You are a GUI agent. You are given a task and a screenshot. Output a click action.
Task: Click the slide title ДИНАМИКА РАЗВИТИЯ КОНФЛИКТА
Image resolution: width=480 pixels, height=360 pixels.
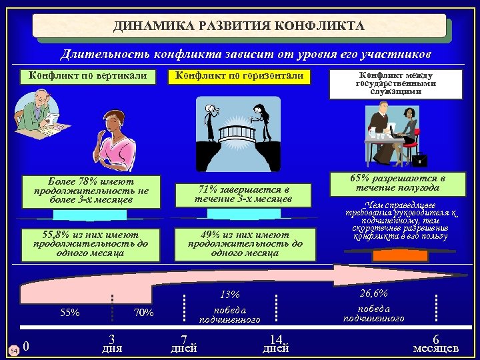(239, 26)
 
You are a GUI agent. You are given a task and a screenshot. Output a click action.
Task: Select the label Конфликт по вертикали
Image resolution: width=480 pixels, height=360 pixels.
(87, 76)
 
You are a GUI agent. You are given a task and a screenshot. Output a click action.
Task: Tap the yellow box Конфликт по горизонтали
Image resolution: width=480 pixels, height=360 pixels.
(239, 76)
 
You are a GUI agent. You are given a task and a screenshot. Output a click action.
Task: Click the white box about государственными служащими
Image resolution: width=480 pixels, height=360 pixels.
(395, 83)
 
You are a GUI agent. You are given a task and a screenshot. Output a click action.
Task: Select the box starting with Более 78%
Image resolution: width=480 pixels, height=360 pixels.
(91, 191)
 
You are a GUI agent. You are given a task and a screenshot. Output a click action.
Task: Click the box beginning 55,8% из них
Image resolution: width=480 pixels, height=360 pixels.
(91, 244)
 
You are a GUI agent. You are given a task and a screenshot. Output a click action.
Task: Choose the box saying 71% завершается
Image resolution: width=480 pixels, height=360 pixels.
(243, 195)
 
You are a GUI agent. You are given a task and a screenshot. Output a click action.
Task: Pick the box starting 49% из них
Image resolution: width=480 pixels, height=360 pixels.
(244, 244)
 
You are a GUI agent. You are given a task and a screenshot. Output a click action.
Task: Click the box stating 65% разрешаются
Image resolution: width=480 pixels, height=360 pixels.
(397, 184)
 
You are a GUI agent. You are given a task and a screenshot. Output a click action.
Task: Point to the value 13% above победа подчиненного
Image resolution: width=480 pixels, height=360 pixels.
(229, 295)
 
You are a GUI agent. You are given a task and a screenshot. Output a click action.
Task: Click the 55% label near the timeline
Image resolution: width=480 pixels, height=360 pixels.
(69, 312)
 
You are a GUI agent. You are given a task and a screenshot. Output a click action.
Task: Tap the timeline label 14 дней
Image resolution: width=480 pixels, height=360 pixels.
(276, 343)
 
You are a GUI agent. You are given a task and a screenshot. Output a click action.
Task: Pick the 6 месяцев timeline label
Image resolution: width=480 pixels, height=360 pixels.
(436, 343)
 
